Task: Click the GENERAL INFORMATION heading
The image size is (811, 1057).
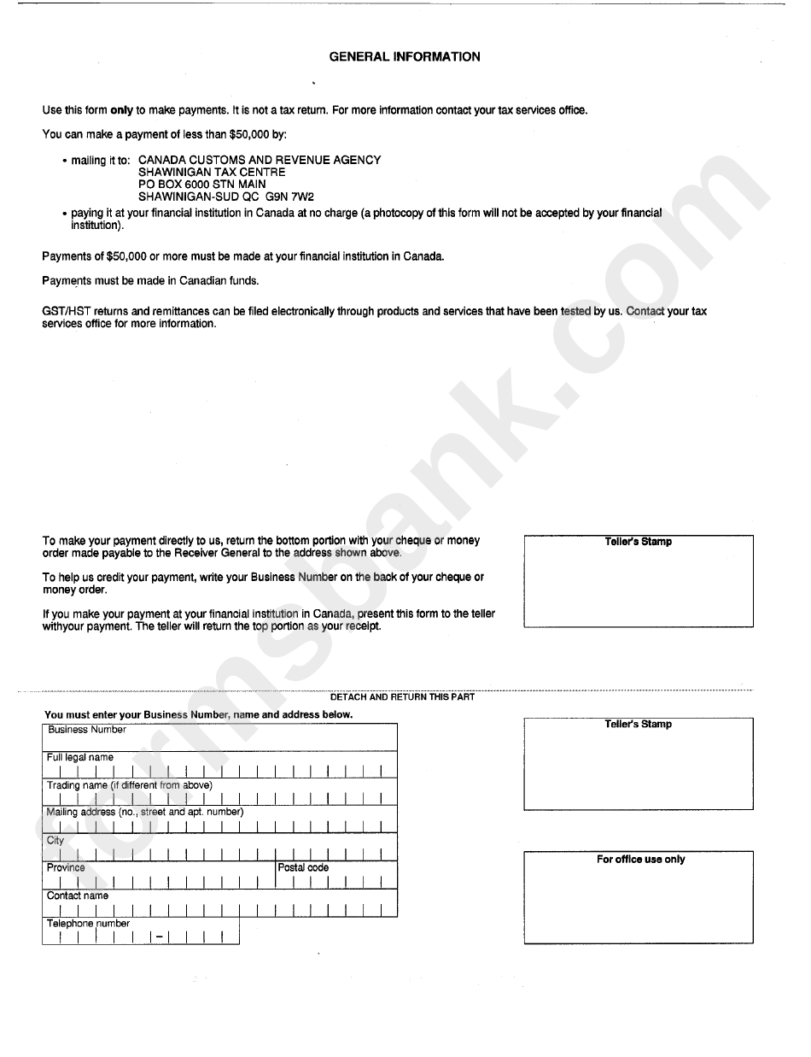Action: point(405,57)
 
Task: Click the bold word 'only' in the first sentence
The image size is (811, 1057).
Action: point(122,110)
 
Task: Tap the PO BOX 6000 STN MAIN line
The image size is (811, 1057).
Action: point(201,184)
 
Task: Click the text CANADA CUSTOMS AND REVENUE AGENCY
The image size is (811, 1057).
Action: point(260,160)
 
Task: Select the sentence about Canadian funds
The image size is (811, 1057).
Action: point(150,280)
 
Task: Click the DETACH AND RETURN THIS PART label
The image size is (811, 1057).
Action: point(402,697)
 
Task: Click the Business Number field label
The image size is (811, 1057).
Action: point(87,730)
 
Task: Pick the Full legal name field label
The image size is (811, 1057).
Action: point(79,758)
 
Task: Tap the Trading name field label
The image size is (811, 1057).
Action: point(129,785)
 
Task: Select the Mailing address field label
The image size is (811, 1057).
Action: point(145,813)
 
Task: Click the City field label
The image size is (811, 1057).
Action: point(55,841)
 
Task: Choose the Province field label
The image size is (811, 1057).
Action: point(66,868)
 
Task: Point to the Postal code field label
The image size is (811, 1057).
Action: point(303,868)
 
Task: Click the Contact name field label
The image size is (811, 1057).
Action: point(78,896)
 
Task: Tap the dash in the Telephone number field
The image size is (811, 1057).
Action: point(159,937)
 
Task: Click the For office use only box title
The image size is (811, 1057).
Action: point(640,860)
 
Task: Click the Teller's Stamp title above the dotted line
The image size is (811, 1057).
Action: point(638,542)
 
